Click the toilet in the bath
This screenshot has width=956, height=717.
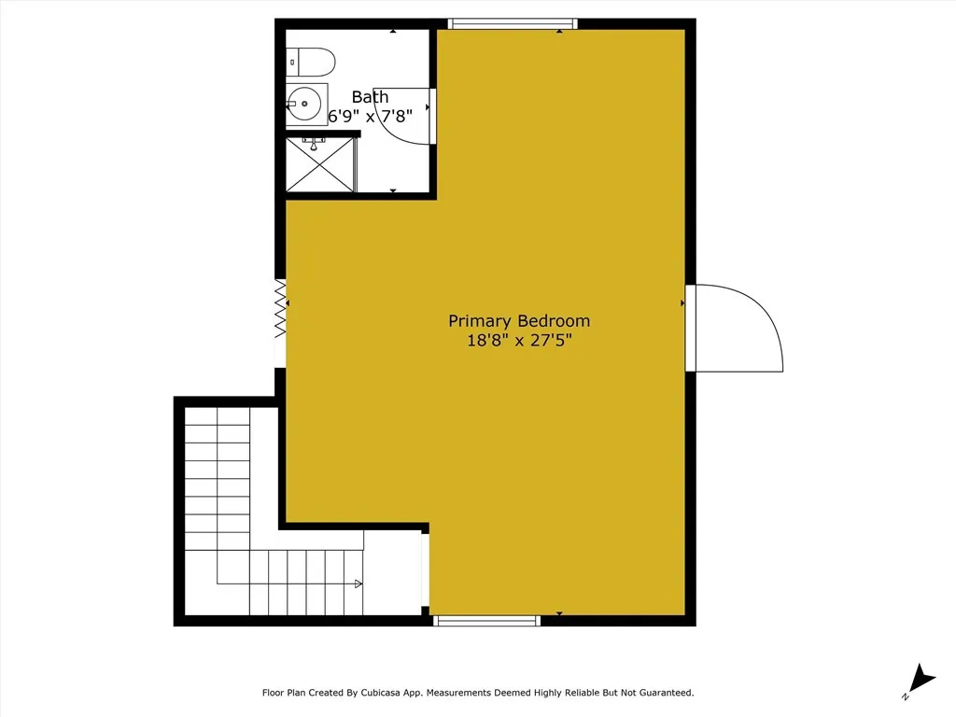click(x=313, y=63)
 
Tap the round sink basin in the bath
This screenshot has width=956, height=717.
click(x=304, y=103)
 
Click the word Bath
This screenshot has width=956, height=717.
click(x=370, y=97)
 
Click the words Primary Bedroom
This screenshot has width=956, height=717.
click(x=519, y=321)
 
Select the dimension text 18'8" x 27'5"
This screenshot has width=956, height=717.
click(x=519, y=342)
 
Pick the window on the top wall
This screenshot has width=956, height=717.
click(x=512, y=23)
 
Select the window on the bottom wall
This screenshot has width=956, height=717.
click(x=488, y=620)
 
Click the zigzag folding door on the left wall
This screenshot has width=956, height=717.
click(x=279, y=308)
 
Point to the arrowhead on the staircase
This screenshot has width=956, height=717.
click(x=358, y=584)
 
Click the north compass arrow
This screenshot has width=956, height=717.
click(x=922, y=679)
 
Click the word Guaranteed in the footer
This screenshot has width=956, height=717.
click(x=661, y=693)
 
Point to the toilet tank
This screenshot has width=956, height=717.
click(x=293, y=63)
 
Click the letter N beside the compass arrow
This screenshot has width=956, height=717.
click(x=906, y=696)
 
